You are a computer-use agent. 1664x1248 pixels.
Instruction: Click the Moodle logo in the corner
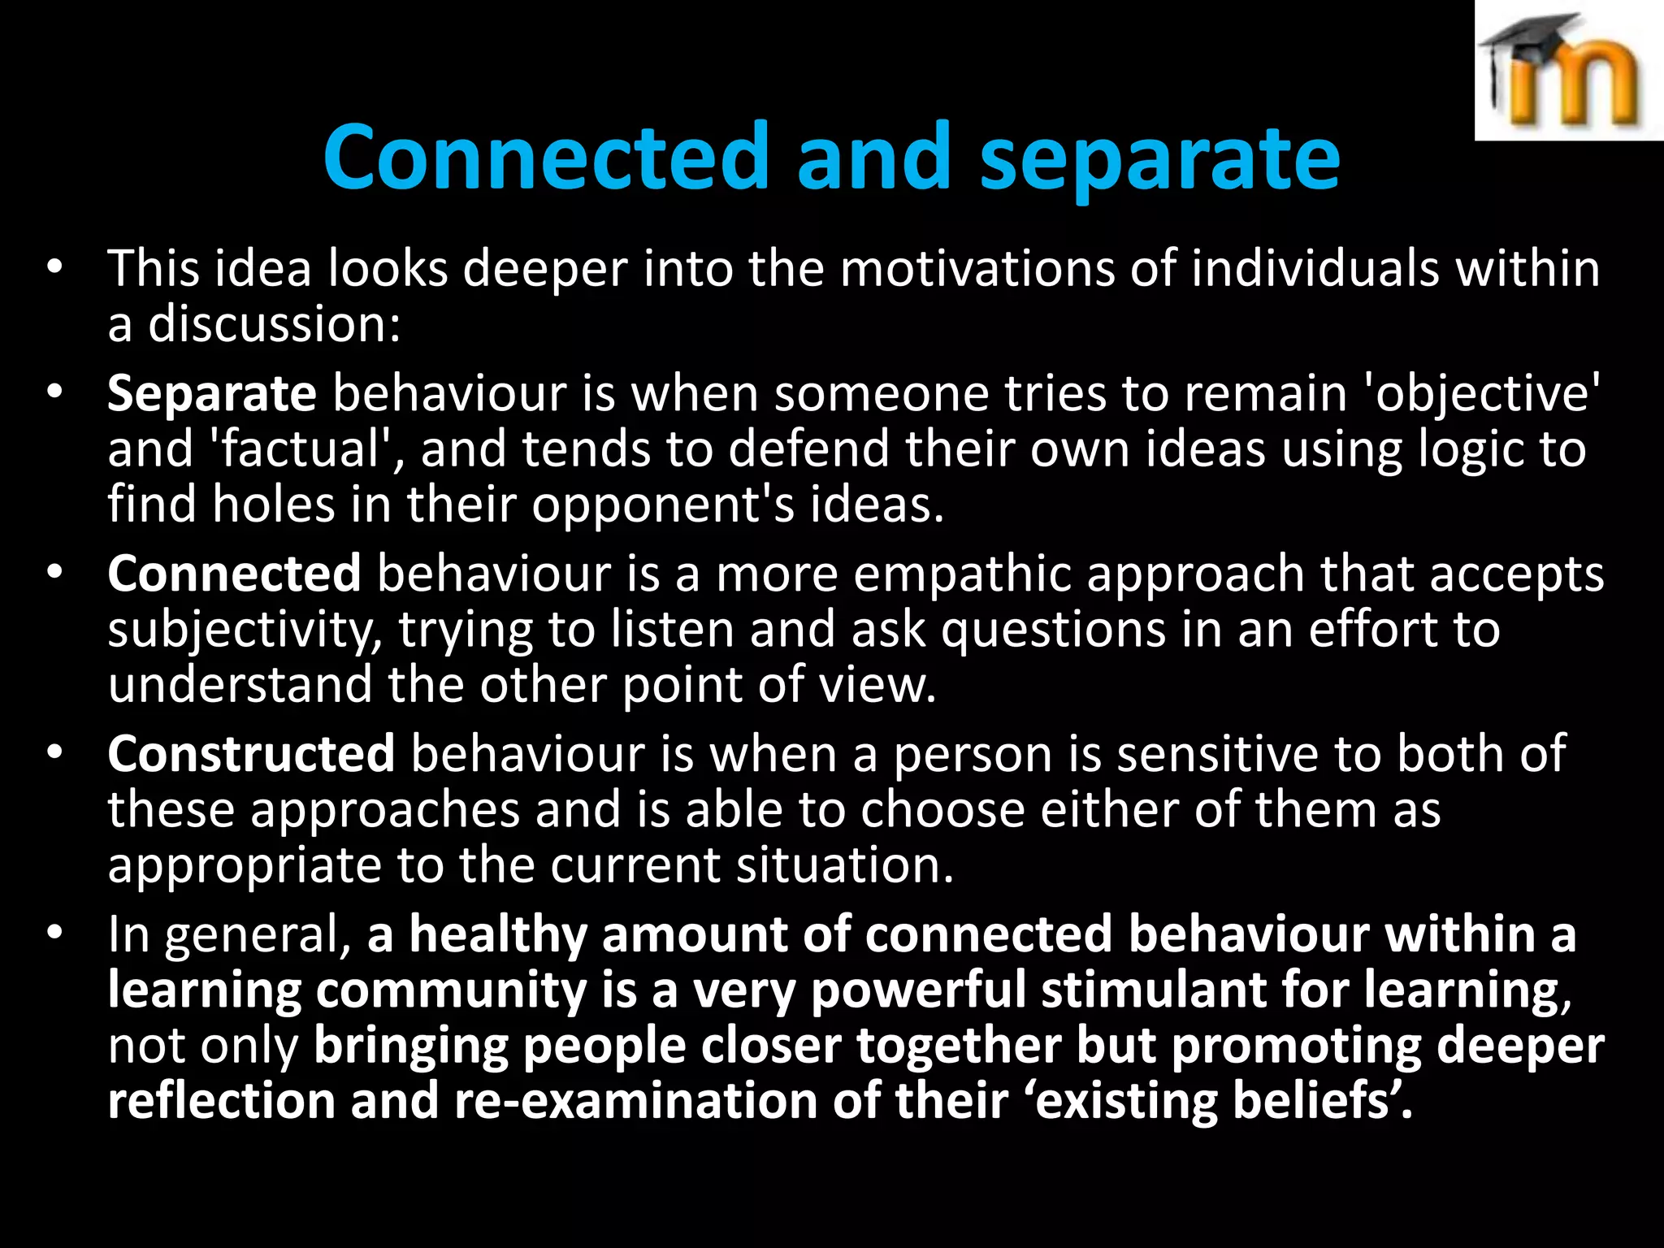pyautogui.click(x=1568, y=71)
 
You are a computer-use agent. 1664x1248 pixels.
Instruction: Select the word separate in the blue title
pyautogui.click(x=1159, y=159)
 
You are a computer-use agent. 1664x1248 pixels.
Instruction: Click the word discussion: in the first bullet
pyautogui.click(x=275, y=324)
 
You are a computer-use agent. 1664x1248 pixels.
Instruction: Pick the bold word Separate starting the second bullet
pyautogui.click(x=211, y=394)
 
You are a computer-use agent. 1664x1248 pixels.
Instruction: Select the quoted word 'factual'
pyautogui.click(x=305, y=449)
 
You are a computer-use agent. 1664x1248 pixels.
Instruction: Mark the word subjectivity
pyautogui.click(x=245, y=630)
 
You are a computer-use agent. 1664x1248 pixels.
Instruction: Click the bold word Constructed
pyautogui.click(x=251, y=755)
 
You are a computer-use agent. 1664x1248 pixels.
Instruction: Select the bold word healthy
pyautogui.click(x=497, y=935)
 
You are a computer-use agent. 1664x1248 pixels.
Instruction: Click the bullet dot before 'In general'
pyautogui.click(x=54, y=934)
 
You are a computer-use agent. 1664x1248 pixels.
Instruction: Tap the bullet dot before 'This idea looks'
pyautogui.click(x=54, y=267)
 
